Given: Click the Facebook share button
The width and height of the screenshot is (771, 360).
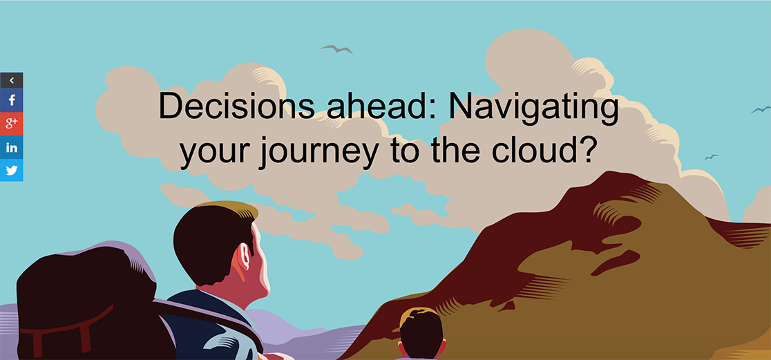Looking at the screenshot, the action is (x=11, y=100).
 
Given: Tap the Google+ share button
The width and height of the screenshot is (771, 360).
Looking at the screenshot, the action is (x=11, y=124).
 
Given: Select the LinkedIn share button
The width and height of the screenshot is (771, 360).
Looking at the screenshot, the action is (x=11, y=146).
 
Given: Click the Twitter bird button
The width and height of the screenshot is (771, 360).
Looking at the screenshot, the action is (x=11, y=170).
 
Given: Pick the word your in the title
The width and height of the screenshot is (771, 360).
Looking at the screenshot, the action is (x=213, y=153).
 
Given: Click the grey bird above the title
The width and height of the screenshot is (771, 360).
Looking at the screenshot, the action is (x=336, y=48).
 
